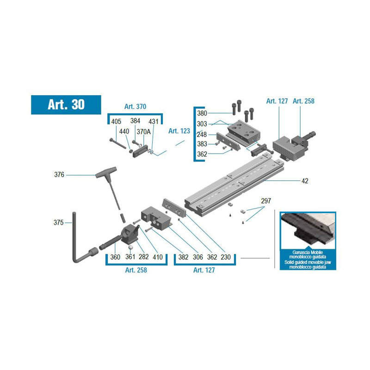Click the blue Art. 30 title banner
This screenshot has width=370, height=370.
66,105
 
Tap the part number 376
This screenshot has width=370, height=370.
59,175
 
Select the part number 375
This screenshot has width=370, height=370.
59,222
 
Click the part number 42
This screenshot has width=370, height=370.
305,181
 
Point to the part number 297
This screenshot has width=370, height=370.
266,201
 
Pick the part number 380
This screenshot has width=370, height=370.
202,113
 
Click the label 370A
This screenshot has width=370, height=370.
143,131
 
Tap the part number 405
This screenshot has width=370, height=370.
116,122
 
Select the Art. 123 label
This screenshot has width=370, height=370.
179,131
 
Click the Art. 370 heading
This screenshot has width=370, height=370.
135,106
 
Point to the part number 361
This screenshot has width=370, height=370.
130,257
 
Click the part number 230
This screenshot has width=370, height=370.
226,257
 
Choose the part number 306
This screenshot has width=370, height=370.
198,257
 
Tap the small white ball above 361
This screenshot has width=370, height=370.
130,247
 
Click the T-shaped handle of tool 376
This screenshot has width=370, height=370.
106,172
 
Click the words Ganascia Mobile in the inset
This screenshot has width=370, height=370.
308,252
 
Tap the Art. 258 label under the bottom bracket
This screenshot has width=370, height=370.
136,270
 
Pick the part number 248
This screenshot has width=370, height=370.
202,135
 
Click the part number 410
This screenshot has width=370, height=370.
158,257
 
